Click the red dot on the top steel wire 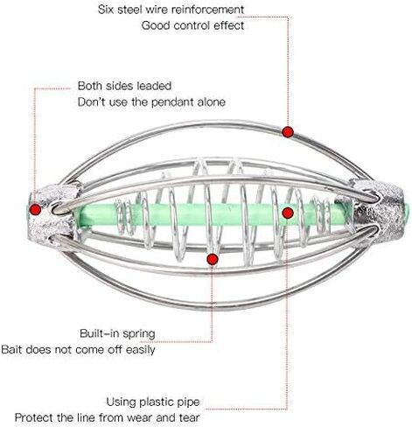[288, 132]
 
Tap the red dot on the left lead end [36, 209]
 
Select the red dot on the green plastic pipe [288, 213]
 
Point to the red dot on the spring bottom [213, 259]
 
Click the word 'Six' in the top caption [105, 10]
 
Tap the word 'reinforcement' [207, 10]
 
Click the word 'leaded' [154, 86]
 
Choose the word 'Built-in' [100, 333]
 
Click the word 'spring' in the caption [139, 334]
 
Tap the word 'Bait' [11, 349]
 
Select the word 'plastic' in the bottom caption [157, 402]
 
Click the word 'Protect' [34, 417]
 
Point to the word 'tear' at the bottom [188, 417]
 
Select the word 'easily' [140, 350]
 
